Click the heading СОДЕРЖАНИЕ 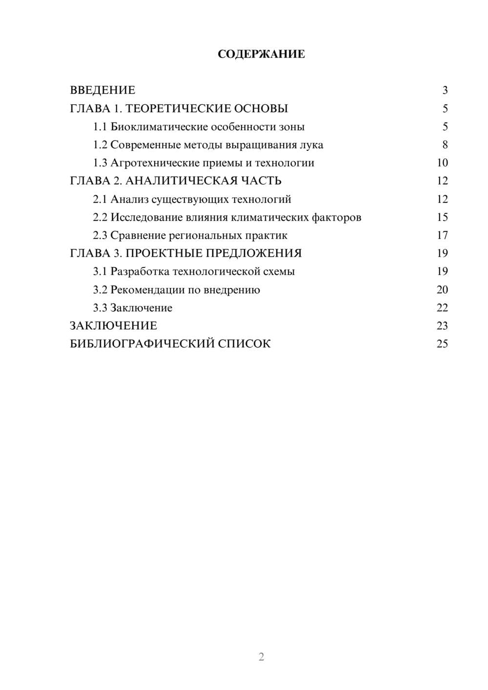pyautogui.click(x=261, y=54)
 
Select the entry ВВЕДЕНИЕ pyautogui.click(x=102, y=90)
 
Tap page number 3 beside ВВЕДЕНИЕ pyautogui.click(x=445, y=90)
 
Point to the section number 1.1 pyautogui.click(x=100, y=127)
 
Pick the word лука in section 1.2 pyautogui.click(x=312, y=145)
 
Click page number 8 pyautogui.click(x=445, y=145)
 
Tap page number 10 pyautogui.click(x=442, y=163)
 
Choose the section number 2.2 pyautogui.click(x=100, y=217)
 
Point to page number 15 pyautogui.click(x=442, y=217)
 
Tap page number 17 pyautogui.click(x=442, y=235)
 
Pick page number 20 pyautogui.click(x=442, y=290)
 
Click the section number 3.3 pyautogui.click(x=100, y=308)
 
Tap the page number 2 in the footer pyautogui.click(x=261, y=657)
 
